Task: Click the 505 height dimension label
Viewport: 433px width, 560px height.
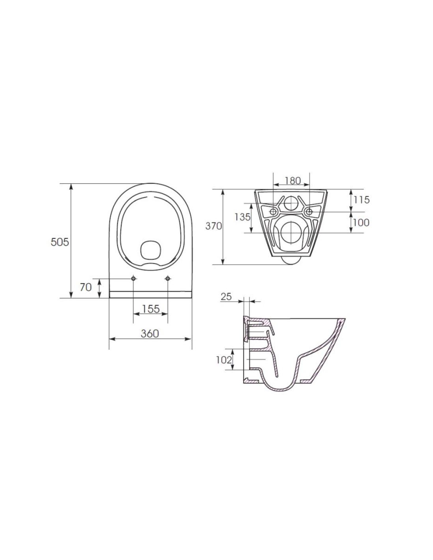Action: click(60, 242)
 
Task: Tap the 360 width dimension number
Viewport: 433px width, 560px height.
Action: click(150, 334)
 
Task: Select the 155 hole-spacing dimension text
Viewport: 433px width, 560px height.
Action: click(150, 309)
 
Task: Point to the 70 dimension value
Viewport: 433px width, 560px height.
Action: click(85, 287)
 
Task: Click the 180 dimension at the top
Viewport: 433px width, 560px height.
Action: click(291, 181)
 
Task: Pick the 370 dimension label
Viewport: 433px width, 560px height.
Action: click(213, 226)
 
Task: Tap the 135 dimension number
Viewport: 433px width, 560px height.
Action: click(242, 217)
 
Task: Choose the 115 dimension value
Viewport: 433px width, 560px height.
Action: click(361, 200)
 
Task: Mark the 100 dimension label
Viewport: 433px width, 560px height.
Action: click(361, 223)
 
